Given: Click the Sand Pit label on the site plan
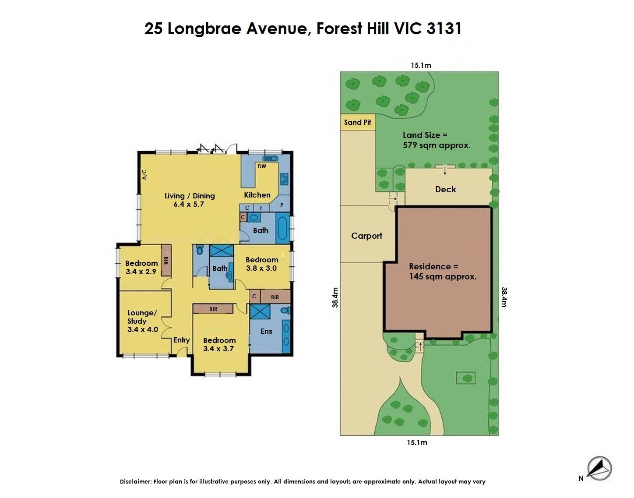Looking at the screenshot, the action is coord(357,122).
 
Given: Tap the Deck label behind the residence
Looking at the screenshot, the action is coord(446,189).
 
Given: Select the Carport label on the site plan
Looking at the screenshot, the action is coord(366,236).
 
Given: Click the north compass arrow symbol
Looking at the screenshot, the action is coord(599,468).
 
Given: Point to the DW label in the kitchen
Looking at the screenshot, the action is coord(262,166).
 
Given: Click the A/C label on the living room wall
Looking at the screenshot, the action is coord(144,174).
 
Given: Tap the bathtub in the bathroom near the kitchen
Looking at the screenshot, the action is coord(282,228).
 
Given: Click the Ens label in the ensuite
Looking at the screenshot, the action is coord(266,331).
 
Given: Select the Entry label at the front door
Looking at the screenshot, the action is coord(181,340).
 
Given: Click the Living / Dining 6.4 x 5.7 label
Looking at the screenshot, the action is coord(189,200).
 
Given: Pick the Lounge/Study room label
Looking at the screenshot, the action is coord(143,321).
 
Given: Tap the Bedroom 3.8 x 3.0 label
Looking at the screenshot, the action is coord(262,264).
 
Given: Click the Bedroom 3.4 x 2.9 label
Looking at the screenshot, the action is coord(141,267).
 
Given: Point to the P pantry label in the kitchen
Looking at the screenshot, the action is coord(282,205).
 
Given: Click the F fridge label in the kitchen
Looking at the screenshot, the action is coord(261,208).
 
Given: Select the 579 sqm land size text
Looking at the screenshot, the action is coord(437,145).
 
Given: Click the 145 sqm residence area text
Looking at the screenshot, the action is coord(443,276).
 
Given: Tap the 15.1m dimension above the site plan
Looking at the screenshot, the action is coord(421,65).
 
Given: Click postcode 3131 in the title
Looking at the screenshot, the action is coord(444,28).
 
